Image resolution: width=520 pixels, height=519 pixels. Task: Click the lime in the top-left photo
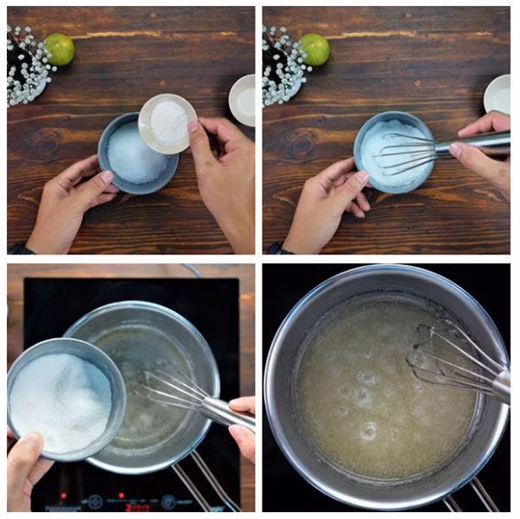click(59, 49)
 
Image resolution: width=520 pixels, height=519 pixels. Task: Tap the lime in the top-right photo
click(314, 49)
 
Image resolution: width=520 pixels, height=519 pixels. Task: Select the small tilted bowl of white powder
click(167, 122)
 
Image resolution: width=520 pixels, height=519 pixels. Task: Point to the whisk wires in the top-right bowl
click(407, 153)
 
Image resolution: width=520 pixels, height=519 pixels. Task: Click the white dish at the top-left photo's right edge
click(244, 100)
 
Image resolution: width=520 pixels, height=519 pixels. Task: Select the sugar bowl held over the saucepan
click(63, 399)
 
